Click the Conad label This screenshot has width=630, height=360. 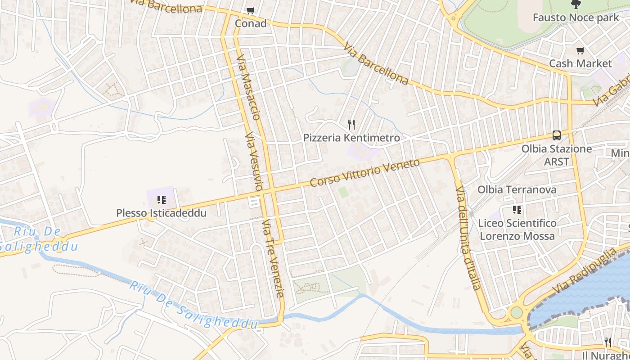coord(251,23)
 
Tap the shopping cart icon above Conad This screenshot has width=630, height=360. coord(251,10)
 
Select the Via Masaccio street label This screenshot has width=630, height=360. coord(248,88)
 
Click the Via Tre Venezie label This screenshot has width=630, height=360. coord(274,258)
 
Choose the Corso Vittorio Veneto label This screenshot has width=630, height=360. coord(365,172)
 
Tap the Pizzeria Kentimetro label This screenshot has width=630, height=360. coord(351,138)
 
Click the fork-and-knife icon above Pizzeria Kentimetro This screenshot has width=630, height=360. coord(351,125)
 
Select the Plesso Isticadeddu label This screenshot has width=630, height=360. coord(161,213)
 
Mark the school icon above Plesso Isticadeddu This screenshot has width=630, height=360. coord(161,199)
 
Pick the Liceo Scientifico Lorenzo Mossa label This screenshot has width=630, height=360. coord(517,229)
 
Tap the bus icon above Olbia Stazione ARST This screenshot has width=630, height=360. coord(557,135)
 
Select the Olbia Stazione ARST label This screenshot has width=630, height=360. coord(557,155)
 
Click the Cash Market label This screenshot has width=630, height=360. coord(580,63)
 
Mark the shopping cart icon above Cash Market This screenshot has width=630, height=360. coord(580,50)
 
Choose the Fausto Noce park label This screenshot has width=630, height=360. coord(576,18)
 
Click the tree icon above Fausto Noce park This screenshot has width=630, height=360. coord(576,5)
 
